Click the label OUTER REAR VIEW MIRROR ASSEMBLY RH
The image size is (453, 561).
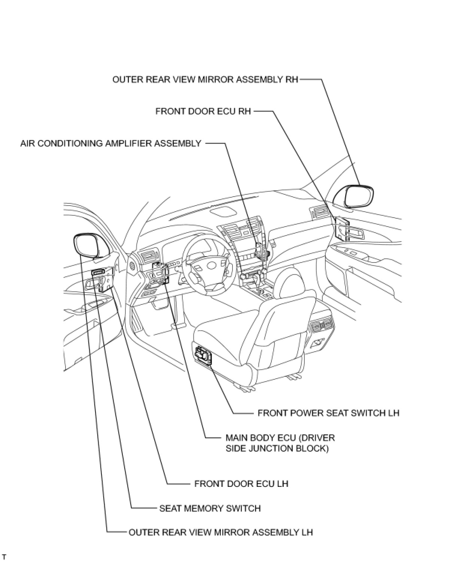205,80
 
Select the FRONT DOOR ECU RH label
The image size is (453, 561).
203,111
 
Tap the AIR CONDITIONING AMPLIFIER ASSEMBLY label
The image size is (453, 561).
111,143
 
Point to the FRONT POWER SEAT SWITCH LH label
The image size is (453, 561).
328,413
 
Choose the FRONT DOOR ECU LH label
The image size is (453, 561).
241,483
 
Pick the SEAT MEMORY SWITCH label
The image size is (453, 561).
210,508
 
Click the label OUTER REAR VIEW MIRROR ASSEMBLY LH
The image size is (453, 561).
221,532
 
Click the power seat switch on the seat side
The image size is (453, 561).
203,355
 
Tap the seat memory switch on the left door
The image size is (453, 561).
98,273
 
